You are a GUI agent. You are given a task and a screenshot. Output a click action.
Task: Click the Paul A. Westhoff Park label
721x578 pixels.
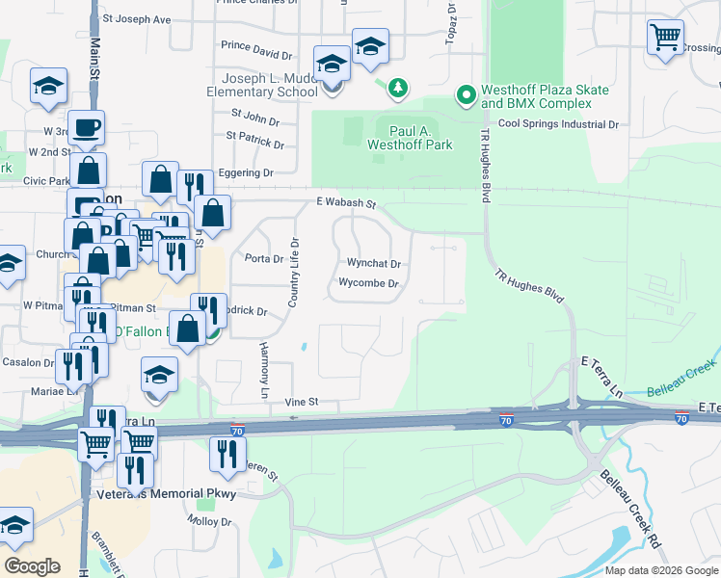coord(410,138)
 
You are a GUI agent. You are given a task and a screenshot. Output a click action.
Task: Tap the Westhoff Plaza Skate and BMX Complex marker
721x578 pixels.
coord(467,94)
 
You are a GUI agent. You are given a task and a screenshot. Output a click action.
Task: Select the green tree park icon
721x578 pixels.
coord(397,90)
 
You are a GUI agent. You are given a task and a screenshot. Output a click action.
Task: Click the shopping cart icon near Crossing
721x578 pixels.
coord(665,38)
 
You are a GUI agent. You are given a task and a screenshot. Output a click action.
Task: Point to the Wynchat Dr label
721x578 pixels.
coord(373,263)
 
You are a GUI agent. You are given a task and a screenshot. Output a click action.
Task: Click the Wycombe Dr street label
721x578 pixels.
coord(368,283)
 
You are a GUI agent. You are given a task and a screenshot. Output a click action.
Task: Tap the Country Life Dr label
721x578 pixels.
coord(296,273)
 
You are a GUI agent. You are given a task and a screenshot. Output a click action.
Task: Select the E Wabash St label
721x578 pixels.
coord(345,203)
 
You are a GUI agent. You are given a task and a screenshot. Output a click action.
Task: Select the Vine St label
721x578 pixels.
coord(300,402)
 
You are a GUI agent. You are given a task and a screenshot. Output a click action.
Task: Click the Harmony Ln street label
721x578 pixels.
coord(263,369)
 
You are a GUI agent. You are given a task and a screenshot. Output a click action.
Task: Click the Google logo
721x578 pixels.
coord(33,565)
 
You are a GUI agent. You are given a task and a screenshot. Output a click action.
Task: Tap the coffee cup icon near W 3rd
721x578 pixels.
coord(86,126)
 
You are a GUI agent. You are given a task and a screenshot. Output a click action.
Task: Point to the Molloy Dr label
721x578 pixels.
coord(211,521)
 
